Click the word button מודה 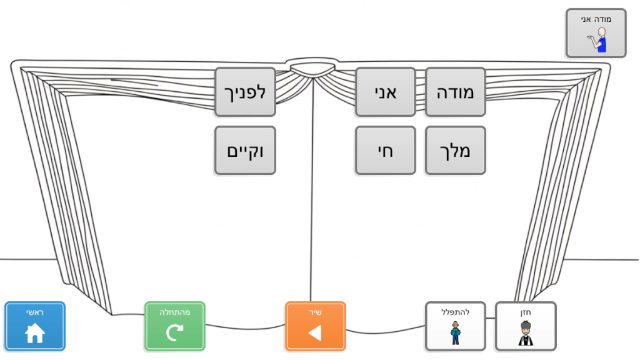pos(455,92)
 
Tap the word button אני pos(385,92)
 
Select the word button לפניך pos(245,92)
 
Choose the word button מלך pos(455,151)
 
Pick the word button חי pos(385,151)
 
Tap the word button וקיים pos(245,151)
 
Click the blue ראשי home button pos(35,326)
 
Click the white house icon pos(35,332)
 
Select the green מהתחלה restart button pos(175,326)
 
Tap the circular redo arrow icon pos(175,332)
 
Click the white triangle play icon pos(315,333)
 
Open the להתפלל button pos(455,326)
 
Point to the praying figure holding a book pos(456,333)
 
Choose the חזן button pos(525,326)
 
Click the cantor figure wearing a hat pos(525,333)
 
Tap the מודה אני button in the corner pos(596,33)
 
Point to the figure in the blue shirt pos(597,39)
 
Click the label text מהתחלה pos(175,312)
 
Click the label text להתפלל pos(455,312)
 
